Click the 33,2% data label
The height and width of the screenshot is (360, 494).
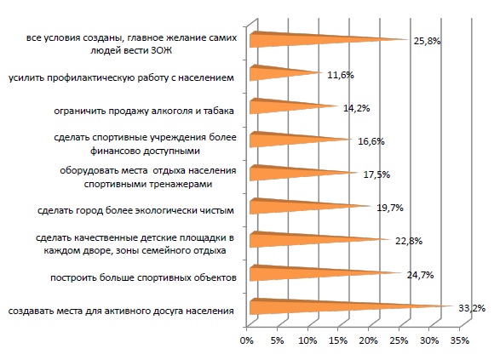coord(472,308)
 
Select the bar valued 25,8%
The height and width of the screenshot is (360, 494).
coord(328,40)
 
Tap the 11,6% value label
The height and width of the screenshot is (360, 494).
coord(341,75)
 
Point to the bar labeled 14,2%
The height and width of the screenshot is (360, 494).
coord(293,106)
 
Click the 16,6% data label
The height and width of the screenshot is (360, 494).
coord(371,141)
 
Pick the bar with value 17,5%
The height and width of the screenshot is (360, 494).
coord(303,173)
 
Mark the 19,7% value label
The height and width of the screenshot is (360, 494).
coord(390,208)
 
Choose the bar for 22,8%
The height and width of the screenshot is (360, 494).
coord(319,239)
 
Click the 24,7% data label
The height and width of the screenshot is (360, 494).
coord(420,275)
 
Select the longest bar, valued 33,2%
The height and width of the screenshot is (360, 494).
coord(351,306)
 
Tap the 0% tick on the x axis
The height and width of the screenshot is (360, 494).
coord(247,340)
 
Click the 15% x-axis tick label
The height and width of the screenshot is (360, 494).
coord(338,340)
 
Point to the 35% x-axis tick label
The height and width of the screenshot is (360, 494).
coord(460,340)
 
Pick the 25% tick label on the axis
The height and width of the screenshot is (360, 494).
coord(399,340)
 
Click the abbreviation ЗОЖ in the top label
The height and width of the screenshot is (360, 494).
coord(161,51)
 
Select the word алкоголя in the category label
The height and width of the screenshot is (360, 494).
coord(173,111)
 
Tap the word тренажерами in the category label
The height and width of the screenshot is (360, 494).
coord(181,184)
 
